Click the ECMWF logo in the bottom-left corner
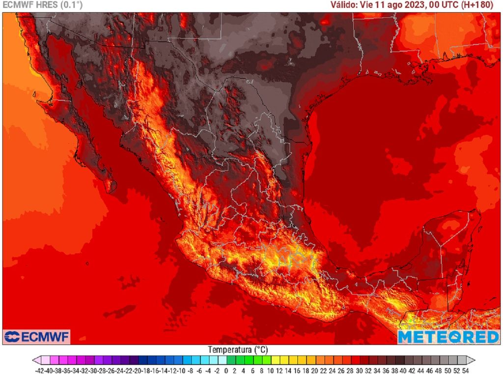tap(37, 337)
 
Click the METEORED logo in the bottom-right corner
tap(448, 337)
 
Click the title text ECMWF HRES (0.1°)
tap(43, 5)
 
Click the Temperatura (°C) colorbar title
tap(238, 349)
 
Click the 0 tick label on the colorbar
tap(226, 371)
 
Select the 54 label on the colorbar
tap(465, 371)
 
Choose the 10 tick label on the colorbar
tap(270, 371)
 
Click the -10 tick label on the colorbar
tap(182, 371)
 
